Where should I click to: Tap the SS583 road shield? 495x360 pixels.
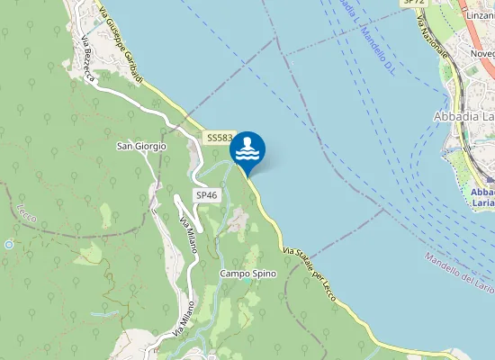click(219, 138)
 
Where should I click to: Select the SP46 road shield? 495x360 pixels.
click(206, 195)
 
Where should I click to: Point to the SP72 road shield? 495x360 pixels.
click(414, 3)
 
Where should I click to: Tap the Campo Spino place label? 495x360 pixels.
click(247, 273)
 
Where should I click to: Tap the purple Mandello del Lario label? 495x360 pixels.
click(460, 273)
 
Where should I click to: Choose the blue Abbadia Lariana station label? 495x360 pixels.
click(481, 197)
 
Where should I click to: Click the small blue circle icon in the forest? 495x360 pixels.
click(8, 244)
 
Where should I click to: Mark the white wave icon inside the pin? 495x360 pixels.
click(247, 148)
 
